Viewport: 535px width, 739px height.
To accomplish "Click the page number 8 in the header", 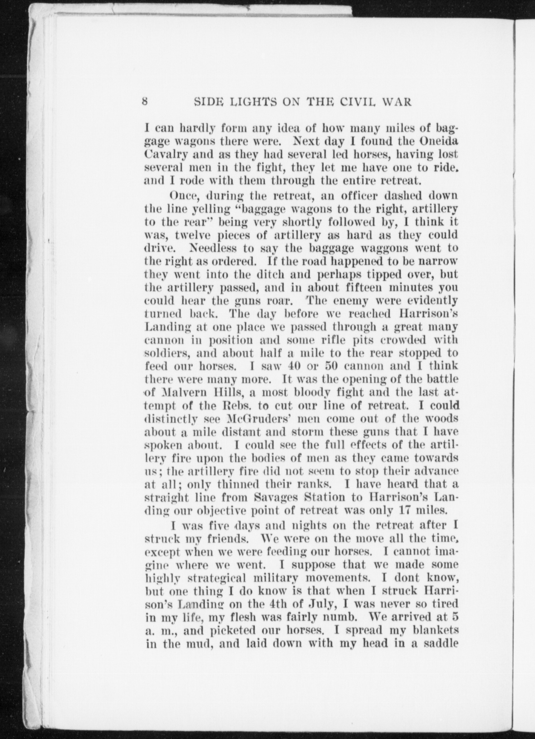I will point(145,102).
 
